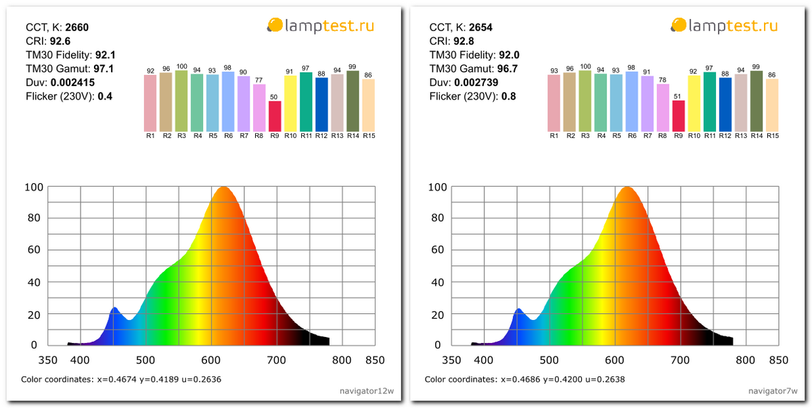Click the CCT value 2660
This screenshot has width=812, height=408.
(76, 28)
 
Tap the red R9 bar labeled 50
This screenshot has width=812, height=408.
(275, 116)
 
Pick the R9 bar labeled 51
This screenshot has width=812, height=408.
(678, 116)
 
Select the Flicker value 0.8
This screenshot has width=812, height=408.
(509, 96)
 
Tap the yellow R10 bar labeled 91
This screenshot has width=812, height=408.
(290, 103)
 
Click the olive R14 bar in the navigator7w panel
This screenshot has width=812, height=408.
(756, 101)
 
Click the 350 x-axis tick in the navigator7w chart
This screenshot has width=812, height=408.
(451, 361)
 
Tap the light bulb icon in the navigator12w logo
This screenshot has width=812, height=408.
(274, 26)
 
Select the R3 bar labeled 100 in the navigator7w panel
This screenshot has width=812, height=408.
(585, 101)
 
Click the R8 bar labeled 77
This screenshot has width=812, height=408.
(259, 108)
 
